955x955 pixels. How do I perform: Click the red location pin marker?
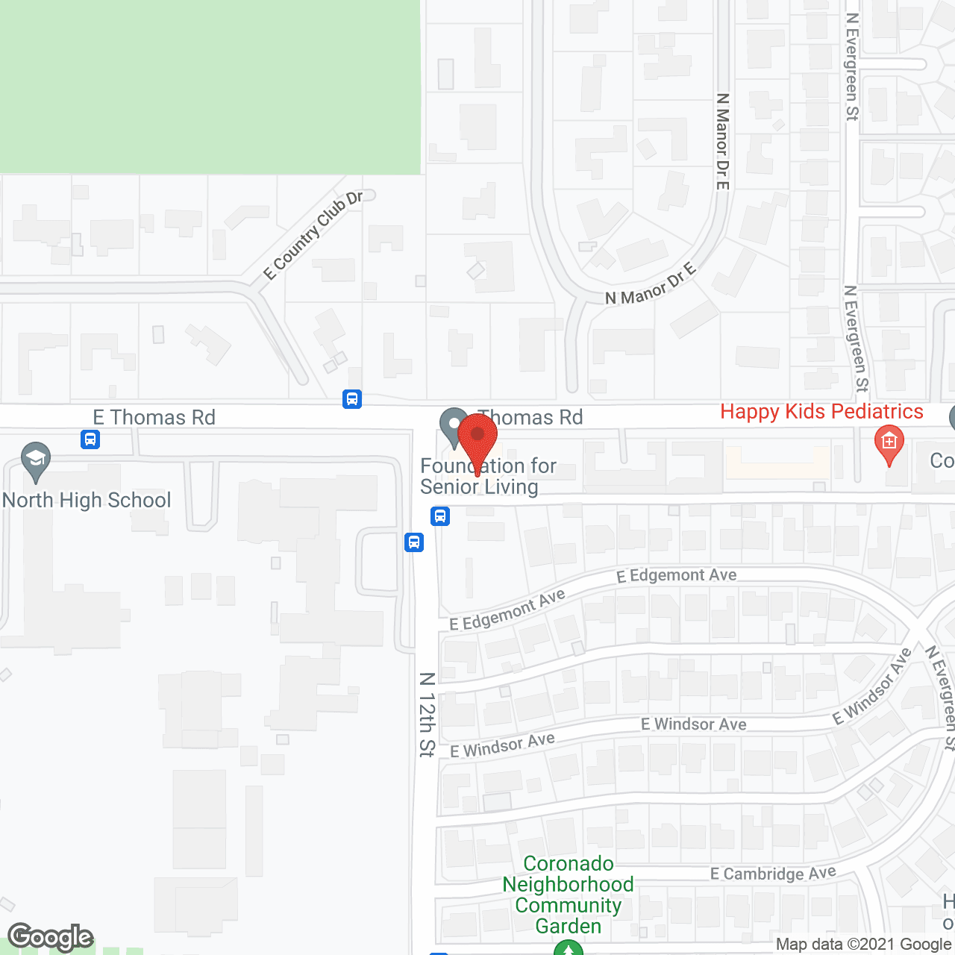coord(477,437)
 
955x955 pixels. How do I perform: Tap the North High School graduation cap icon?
coord(35,462)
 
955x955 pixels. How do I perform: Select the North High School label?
coord(87,500)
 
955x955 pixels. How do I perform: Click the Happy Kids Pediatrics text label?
coord(821,412)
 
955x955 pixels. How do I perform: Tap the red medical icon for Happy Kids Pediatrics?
coord(889,442)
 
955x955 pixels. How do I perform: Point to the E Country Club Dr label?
coord(313,236)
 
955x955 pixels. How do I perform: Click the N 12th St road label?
coord(427,715)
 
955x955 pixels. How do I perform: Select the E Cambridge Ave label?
coord(773,874)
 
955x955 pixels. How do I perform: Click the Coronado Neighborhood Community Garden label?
coord(568,895)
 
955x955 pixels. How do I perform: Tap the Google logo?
coord(51,937)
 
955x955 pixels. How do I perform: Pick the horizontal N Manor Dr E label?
coord(651,284)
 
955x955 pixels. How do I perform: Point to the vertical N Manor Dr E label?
coord(722,141)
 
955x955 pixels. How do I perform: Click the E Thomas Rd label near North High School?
coord(154,417)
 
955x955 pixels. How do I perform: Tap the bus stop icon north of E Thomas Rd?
coord(352,399)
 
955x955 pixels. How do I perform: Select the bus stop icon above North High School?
coord(90,439)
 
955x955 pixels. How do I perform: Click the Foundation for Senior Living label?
coord(488,476)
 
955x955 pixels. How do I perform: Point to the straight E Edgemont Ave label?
coord(676,575)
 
